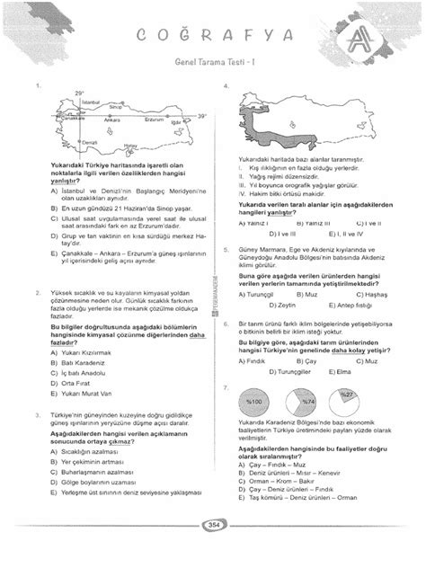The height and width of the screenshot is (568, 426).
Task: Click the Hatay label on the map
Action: [130, 146]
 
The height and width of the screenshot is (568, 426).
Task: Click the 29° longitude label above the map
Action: [79, 92]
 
